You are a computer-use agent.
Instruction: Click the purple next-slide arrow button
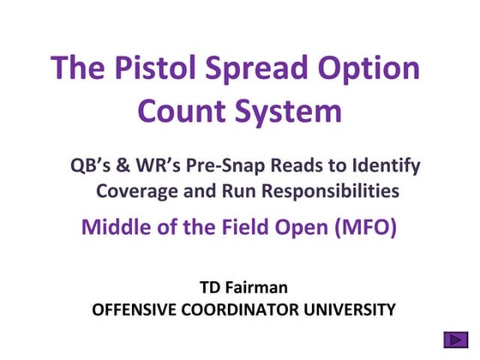(x=456, y=339)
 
